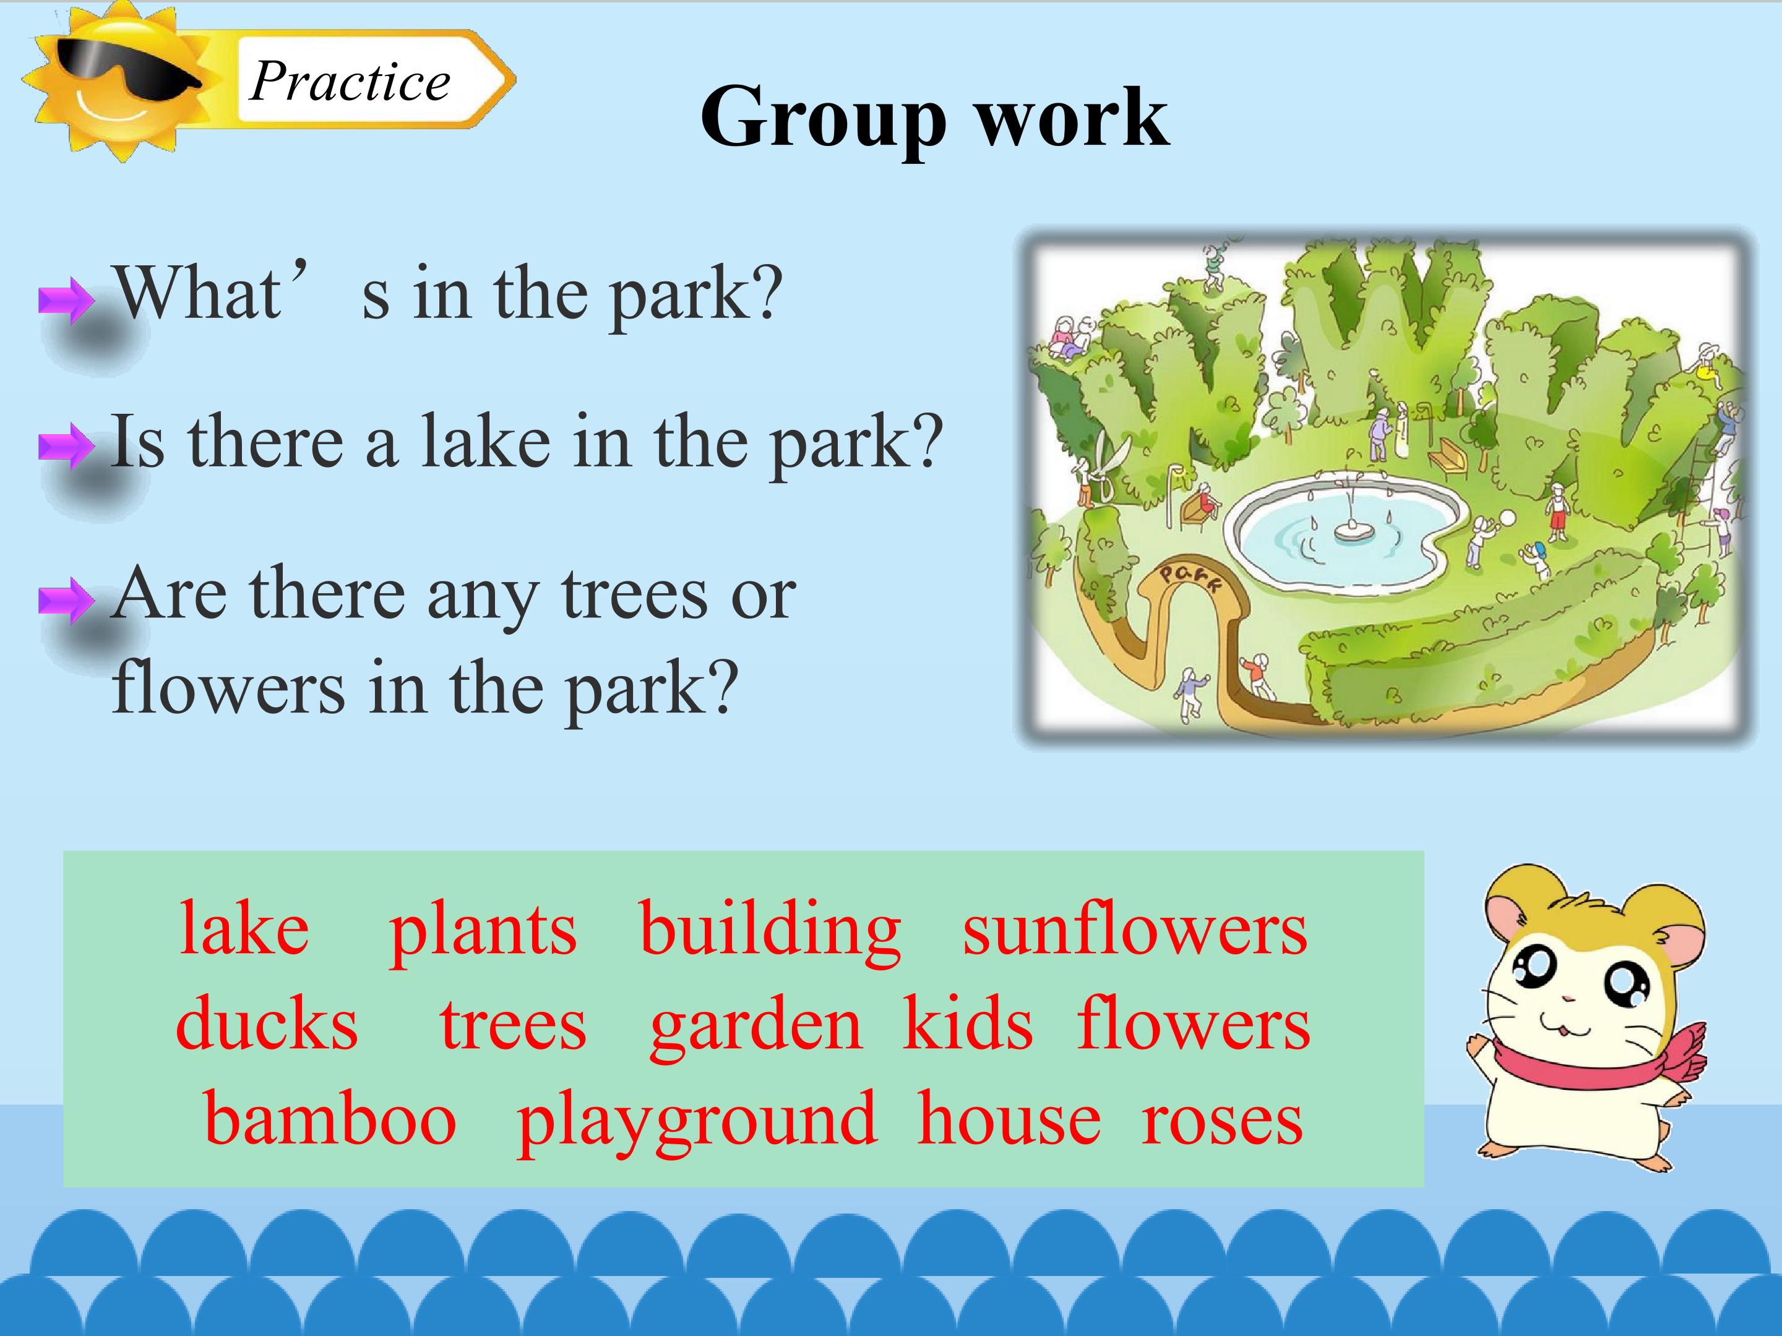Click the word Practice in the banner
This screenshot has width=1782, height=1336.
(350, 82)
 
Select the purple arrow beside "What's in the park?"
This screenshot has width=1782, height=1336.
(66, 301)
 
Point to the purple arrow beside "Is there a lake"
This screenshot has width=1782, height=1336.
(66, 447)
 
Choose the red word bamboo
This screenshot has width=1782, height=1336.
(330, 1120)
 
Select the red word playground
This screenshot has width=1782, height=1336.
(696, 1123)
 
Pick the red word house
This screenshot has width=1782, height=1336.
(1009, 1120)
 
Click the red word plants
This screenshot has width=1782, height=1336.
(483, 934)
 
